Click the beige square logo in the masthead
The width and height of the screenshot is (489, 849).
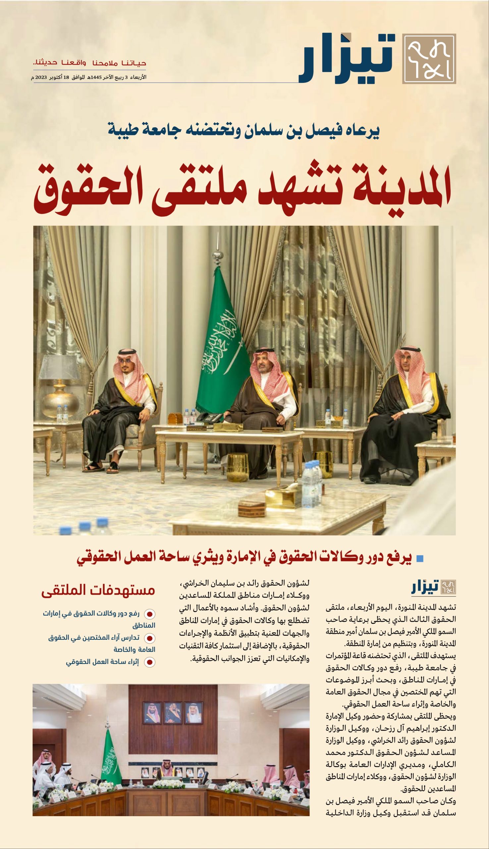pos(429,59)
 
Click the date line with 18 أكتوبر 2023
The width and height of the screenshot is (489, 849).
pos(89,77)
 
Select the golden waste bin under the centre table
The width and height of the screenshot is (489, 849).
pos(238,467)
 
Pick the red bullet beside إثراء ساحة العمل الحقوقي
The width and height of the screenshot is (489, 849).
pos(149,662)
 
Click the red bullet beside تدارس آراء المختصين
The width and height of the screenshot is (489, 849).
pos(149,638)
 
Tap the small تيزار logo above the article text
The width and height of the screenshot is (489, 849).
pos(434,586)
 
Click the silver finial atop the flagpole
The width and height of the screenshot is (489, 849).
pos(218,249)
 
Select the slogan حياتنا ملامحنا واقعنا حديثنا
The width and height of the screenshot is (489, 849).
pos(89,63)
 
